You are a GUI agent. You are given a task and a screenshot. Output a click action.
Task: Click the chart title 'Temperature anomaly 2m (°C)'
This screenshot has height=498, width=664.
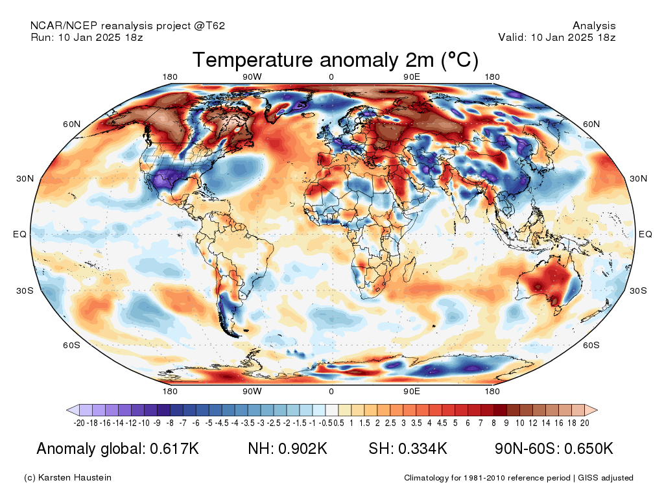(x=335, y=60)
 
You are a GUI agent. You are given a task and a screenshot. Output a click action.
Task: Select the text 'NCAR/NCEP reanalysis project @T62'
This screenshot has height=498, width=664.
(x=128, y=26)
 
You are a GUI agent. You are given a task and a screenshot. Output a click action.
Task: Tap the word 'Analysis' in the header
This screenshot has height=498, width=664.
(x=594, y=26)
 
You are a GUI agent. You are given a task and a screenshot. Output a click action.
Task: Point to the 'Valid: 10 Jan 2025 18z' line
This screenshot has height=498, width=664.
(x=556, y=37)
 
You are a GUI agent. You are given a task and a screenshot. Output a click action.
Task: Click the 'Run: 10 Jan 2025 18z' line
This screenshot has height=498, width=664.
(x=87, y=37)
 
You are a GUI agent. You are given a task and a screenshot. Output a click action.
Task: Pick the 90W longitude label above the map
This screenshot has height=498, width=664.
(x=252, y=77)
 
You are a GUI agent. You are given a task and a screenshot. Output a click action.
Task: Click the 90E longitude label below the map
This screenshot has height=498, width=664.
(x=412, y=391)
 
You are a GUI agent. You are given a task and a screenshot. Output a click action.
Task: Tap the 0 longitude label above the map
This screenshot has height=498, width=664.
(x=331, y=77)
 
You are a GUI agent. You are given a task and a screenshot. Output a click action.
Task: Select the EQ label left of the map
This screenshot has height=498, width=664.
(x=20, y=234)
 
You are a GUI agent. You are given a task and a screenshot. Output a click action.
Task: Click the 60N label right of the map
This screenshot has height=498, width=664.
(x=591, y=124)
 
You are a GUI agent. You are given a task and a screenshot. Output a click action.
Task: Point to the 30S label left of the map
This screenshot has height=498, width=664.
(x=25, y=290)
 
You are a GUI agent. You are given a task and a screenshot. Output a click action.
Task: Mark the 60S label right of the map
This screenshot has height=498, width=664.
(x=591, y=345)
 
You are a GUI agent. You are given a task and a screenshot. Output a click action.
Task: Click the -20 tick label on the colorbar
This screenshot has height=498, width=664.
(x=79, y=423)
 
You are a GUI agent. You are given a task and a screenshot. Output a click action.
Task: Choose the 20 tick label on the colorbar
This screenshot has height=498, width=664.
(x=585, y=423)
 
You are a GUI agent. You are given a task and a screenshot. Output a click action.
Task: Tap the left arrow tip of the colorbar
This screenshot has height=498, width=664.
(x=67, y=410)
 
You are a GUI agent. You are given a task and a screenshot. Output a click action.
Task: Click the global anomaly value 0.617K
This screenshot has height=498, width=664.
(x=174, y=449)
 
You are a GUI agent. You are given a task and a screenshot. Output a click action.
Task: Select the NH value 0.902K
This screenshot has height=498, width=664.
(x=303, y=449)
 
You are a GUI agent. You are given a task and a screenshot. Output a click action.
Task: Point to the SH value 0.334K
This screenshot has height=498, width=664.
(x=423, y=449)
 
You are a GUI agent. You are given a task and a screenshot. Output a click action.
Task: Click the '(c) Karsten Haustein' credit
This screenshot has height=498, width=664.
(x=67, y=478)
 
